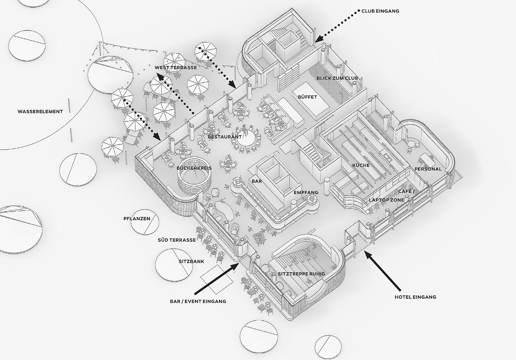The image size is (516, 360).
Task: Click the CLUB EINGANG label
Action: click(380, 11)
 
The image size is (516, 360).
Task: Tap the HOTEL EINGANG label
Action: click(415, 297)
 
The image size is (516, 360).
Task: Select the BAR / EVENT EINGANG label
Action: click(198, 301)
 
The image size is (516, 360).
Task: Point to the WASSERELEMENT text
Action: click(40, 111)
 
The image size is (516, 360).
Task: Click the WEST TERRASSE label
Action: click(176, 68)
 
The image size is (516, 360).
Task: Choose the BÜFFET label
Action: click(308, 97)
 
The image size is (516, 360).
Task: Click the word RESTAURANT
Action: click(225, 137)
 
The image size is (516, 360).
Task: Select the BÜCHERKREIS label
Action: click(194, 168)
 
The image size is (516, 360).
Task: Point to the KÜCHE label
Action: click(361, 165)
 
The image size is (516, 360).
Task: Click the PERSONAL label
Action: click(428, 169)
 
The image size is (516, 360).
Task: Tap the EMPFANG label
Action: click(306, 193)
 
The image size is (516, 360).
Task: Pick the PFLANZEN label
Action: click(137, 219)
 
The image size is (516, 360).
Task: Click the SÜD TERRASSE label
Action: click(177, 240)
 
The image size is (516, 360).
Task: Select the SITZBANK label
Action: click(191, 261)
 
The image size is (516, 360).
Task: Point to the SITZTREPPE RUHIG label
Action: click(302, 274)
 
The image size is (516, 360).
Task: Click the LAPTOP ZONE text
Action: click(386, 200)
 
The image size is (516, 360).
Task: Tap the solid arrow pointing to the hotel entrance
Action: click(383, 271)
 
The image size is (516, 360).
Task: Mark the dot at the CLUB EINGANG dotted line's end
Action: click(359, 11)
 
